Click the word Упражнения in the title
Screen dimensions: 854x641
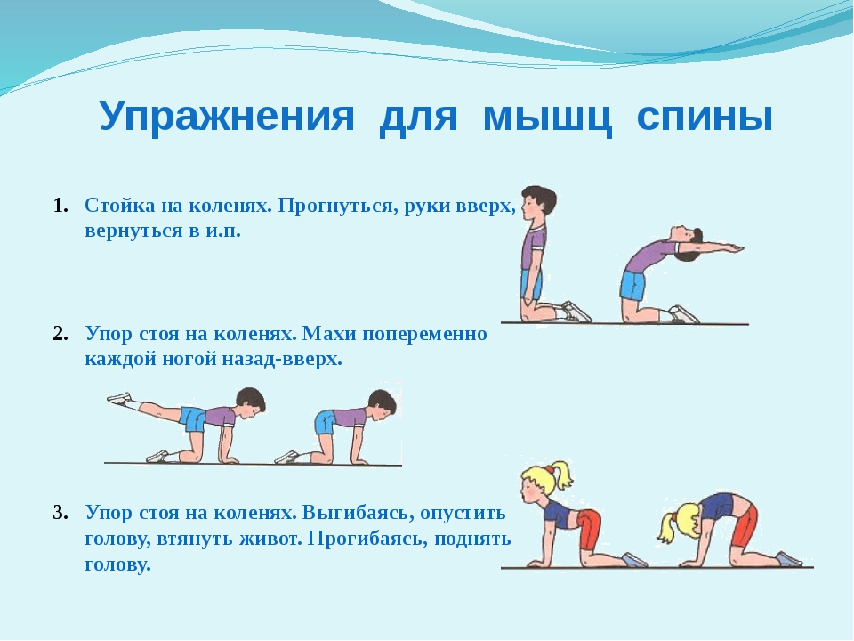click(x=227, y=117)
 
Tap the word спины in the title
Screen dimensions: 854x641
click(x=705, y=117)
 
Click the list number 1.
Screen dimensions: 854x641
click(x=60, y=206)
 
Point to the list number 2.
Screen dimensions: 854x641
click(x=60, y=334)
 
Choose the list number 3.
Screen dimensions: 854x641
click(x=60, y=513)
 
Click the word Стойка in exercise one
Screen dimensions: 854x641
click(x=119, y=206)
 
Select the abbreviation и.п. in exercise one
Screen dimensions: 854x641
click(x=222, y=231)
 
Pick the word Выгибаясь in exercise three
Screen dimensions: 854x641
click(x=358, y=513)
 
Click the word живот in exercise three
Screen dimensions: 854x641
click(x=270, y=540)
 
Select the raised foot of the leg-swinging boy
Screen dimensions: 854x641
click(x=119, y=399)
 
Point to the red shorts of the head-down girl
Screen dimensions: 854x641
click(x=745, y=525)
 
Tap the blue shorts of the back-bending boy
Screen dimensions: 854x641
click(x=632, y=285)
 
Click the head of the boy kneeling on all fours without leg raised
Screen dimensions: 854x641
click(x=382, y=405)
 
